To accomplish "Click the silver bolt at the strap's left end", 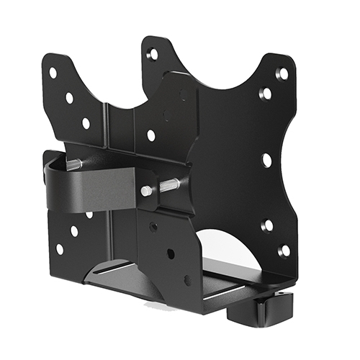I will tap(73, 164).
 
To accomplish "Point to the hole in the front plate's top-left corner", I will tap(53, 73).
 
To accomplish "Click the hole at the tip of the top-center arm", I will tap(153, 54).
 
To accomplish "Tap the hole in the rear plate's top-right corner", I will tap(283, 73).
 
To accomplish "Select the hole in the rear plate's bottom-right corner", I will tap(284, 251).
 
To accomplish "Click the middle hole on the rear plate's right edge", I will tap(266, 160).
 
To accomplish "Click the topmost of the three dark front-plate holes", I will tap(153, 226).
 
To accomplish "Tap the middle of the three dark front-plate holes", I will tap(170, 253).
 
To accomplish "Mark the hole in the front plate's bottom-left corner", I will tap(59, 249).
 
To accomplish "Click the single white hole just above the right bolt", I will tap(150, 135).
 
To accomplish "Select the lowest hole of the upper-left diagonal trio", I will tap(86, 123).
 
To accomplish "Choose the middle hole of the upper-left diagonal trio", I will tap(69, 97).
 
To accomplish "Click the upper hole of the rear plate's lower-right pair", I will tap(266, 227).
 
